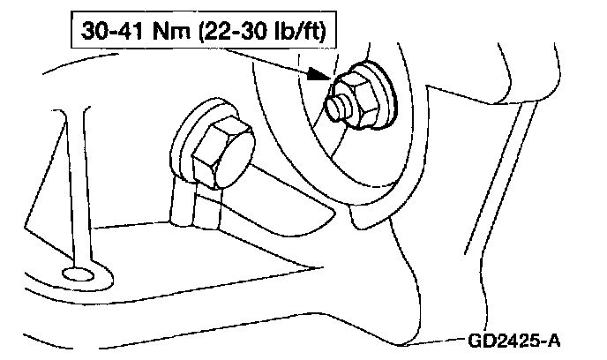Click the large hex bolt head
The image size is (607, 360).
tap(217, 155)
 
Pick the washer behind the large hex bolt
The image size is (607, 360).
tap(188, 132)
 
